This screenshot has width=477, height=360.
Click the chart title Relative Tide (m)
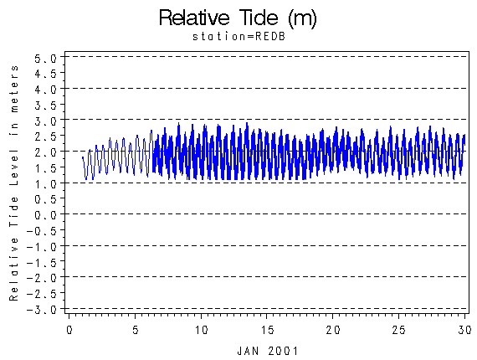pos(238,18)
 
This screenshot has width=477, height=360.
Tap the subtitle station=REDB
pos(239,37)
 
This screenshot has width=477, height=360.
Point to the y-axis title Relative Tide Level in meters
pos(14,183)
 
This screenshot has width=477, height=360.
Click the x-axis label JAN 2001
pos(268,351)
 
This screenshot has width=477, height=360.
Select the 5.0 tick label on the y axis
pos(46,58)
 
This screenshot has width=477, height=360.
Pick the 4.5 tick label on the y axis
pos(46,74)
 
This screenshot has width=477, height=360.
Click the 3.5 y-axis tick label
pos(46,105)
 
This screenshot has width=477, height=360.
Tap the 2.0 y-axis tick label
pos(46,152)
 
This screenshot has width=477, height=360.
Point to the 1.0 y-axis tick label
pos(46,184)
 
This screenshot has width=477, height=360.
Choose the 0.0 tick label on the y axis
pos(46,215)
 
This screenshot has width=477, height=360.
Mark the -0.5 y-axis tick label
pos(42,231)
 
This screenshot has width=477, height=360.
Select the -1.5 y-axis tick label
pos(42,263)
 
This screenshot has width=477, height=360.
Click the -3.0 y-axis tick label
pos(42,310)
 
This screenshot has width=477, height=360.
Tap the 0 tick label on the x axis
pos(69,330)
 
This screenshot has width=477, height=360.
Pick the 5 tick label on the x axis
pos(136,330)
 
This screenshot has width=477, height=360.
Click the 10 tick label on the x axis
pos(201,330)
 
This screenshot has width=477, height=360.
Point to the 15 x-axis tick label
pos(267,330)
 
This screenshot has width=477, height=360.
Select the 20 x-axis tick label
pos(333,330)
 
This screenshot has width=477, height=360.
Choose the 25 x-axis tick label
pos(398,330)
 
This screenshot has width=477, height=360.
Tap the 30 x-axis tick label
pos(464,330)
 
